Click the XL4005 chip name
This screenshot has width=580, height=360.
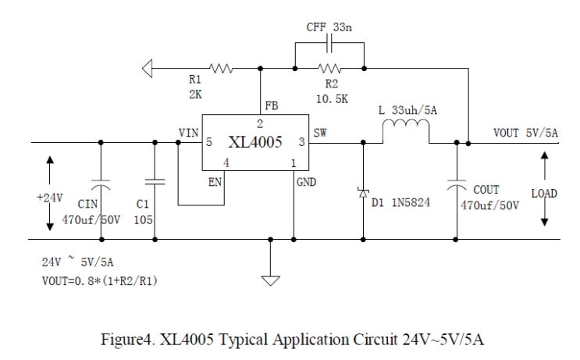point(255,144)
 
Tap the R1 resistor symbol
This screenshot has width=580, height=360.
point(222,70)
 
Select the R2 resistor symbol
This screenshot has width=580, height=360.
point(329,70)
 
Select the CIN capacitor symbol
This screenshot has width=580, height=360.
point(101,186)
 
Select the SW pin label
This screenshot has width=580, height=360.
point(320,133)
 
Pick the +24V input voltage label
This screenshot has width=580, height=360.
point(49,197)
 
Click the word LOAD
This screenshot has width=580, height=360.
point(544,193)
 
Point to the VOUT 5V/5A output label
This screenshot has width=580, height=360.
point(525,133)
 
